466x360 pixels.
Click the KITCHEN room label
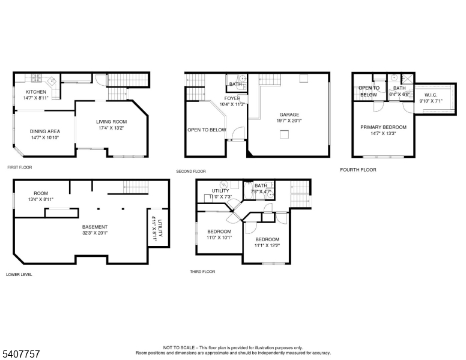pos(35,92)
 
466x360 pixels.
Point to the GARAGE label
pos(289,115)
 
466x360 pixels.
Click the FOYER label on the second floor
pos(232,98)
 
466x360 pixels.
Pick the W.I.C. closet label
pos(431,95)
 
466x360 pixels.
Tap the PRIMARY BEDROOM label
pos(383,127)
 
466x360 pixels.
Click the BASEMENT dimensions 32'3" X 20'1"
pos(95,233)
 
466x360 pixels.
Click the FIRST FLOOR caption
pos(19,167)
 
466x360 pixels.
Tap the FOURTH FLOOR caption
pos(358,170)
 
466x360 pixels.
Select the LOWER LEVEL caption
pos(19,274)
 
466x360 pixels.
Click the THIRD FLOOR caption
pos(202,272)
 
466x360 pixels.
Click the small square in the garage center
pos(283,136)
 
